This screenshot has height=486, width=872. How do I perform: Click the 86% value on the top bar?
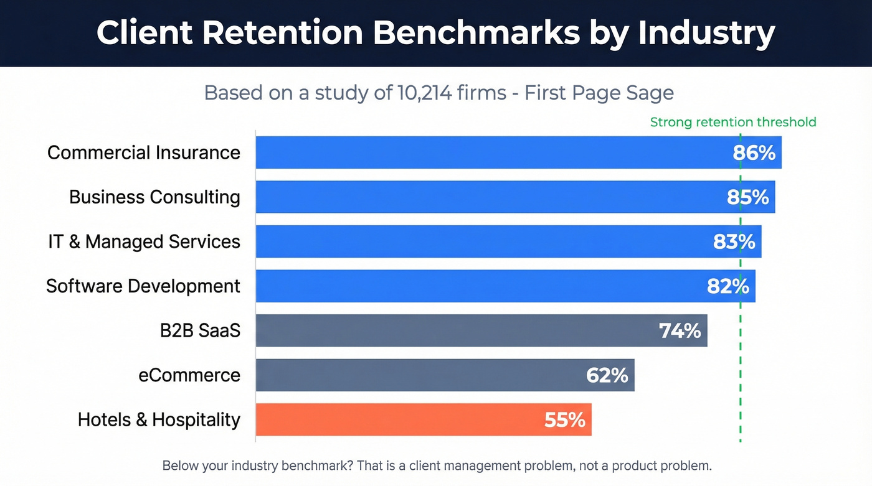754,152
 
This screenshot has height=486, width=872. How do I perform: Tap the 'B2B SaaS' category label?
200,330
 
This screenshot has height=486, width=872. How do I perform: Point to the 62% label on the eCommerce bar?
607,375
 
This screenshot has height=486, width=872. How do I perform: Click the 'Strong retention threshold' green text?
732,122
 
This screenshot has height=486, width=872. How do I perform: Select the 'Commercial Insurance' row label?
144,152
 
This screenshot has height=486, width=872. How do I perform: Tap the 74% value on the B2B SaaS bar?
680,330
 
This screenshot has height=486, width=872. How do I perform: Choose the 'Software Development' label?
143,286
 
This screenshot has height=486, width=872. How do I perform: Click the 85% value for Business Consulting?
747,197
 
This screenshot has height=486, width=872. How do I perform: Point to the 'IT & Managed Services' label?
144,241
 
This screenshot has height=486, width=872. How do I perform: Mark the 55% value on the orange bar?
564,420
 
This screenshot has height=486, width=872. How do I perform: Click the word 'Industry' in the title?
706,33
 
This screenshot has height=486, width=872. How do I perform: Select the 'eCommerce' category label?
189,375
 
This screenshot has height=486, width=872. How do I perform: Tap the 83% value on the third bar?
734,241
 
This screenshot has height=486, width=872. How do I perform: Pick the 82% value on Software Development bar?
727,286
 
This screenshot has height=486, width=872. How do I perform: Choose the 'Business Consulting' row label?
154,197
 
